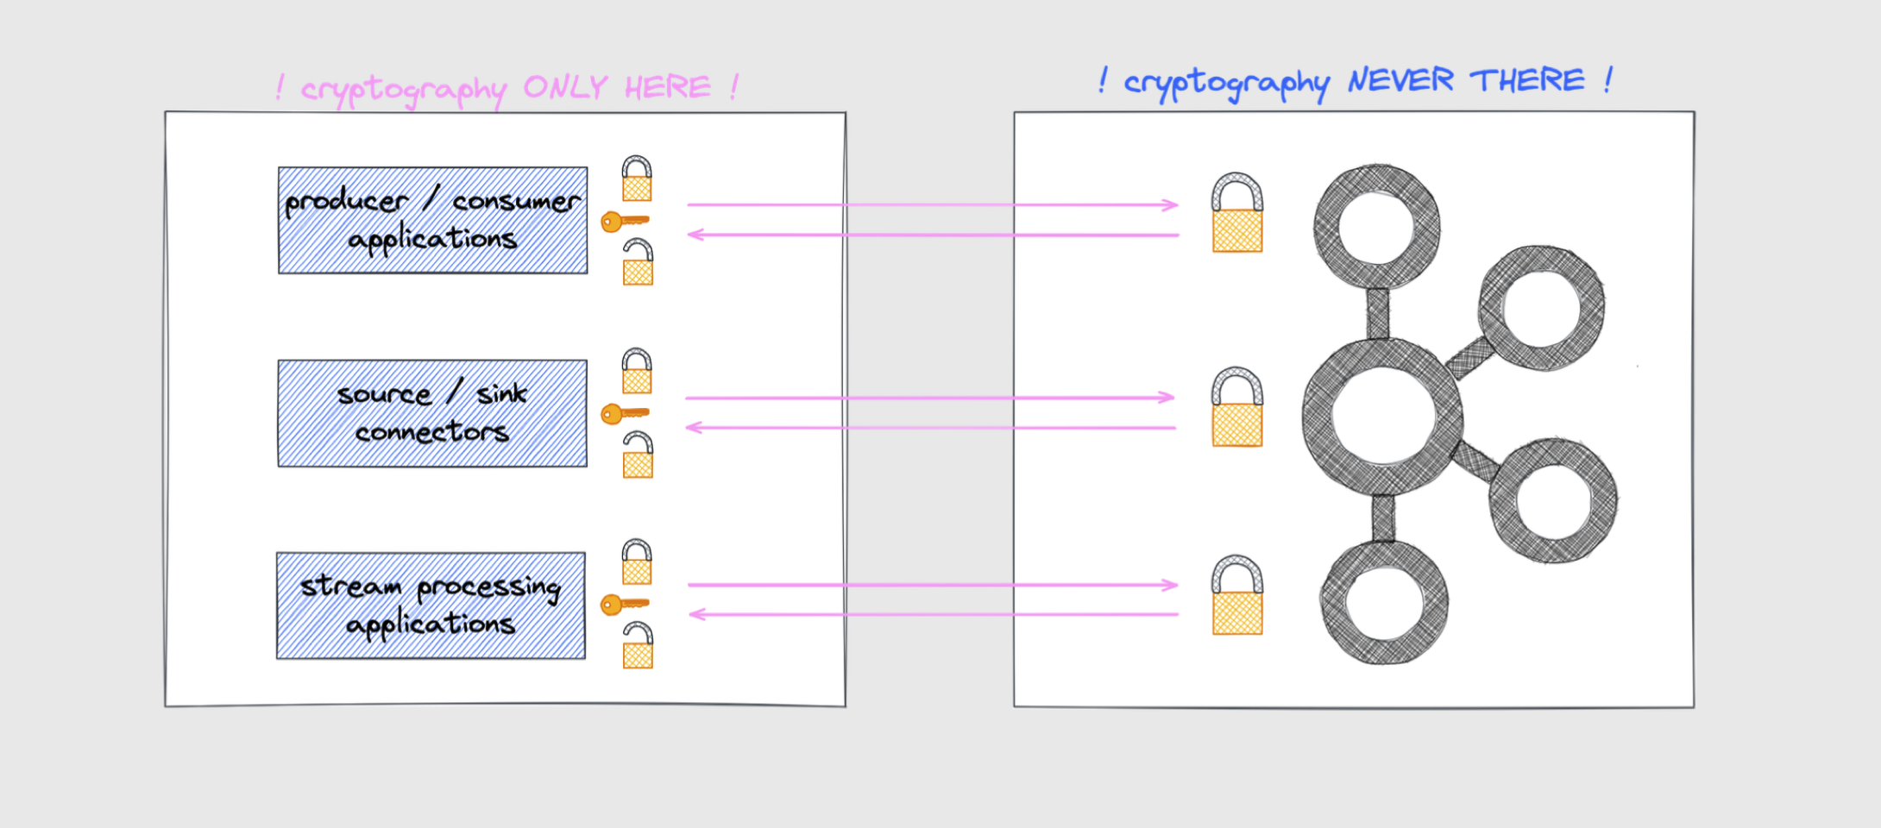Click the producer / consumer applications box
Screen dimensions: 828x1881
pos(432,221)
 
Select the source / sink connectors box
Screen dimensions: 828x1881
pos(432,413)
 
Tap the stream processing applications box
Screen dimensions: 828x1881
pos(431,605)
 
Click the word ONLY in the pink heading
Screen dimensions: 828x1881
pos(565,87)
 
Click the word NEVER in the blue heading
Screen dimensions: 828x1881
pos(1400,81)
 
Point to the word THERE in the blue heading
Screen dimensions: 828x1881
pos(1527,80)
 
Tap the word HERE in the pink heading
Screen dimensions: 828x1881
pos(667,87)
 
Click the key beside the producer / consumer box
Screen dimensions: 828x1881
pos(623,222)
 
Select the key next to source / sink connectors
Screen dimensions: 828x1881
pos(623,414)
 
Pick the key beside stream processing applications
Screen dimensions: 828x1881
pos(623,605)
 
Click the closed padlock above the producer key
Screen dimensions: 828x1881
pos(637,179)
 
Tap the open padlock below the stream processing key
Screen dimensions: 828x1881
pos(638,646)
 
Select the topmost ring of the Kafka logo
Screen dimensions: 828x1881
pos(1377,227)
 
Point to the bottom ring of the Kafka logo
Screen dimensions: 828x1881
pos(1384,603)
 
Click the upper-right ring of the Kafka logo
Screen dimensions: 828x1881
pos(1541,308)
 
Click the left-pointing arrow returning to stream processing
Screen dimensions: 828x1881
pos(932,614)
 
